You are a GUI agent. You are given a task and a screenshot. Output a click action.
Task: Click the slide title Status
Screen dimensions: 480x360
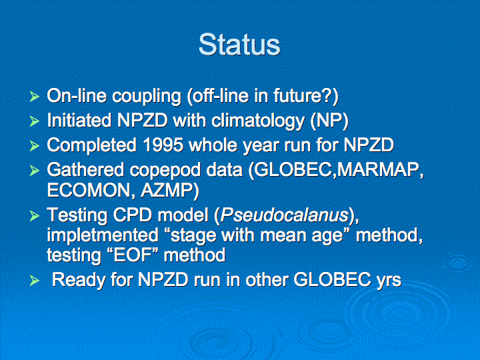239,45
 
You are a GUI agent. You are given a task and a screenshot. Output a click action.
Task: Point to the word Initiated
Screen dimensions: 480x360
79,120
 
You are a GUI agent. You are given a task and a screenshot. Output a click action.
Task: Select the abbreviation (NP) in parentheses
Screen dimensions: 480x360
329,121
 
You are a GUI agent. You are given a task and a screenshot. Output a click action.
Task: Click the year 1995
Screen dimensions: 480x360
163,145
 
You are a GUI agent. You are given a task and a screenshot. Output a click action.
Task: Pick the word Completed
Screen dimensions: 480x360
91,146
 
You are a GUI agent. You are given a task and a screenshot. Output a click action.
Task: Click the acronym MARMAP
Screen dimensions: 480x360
380,170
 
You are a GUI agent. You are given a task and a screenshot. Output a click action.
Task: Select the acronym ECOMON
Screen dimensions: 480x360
91,191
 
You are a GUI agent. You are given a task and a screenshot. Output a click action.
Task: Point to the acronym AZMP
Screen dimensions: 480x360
170,191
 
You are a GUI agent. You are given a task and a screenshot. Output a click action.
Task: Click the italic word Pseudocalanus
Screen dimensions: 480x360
285,215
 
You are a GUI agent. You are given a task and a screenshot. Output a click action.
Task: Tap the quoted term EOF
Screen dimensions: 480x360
135,255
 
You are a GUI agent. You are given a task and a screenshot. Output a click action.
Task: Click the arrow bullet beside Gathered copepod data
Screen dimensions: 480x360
34,170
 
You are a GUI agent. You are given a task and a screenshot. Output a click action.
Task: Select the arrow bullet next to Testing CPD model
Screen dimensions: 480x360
34,216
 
